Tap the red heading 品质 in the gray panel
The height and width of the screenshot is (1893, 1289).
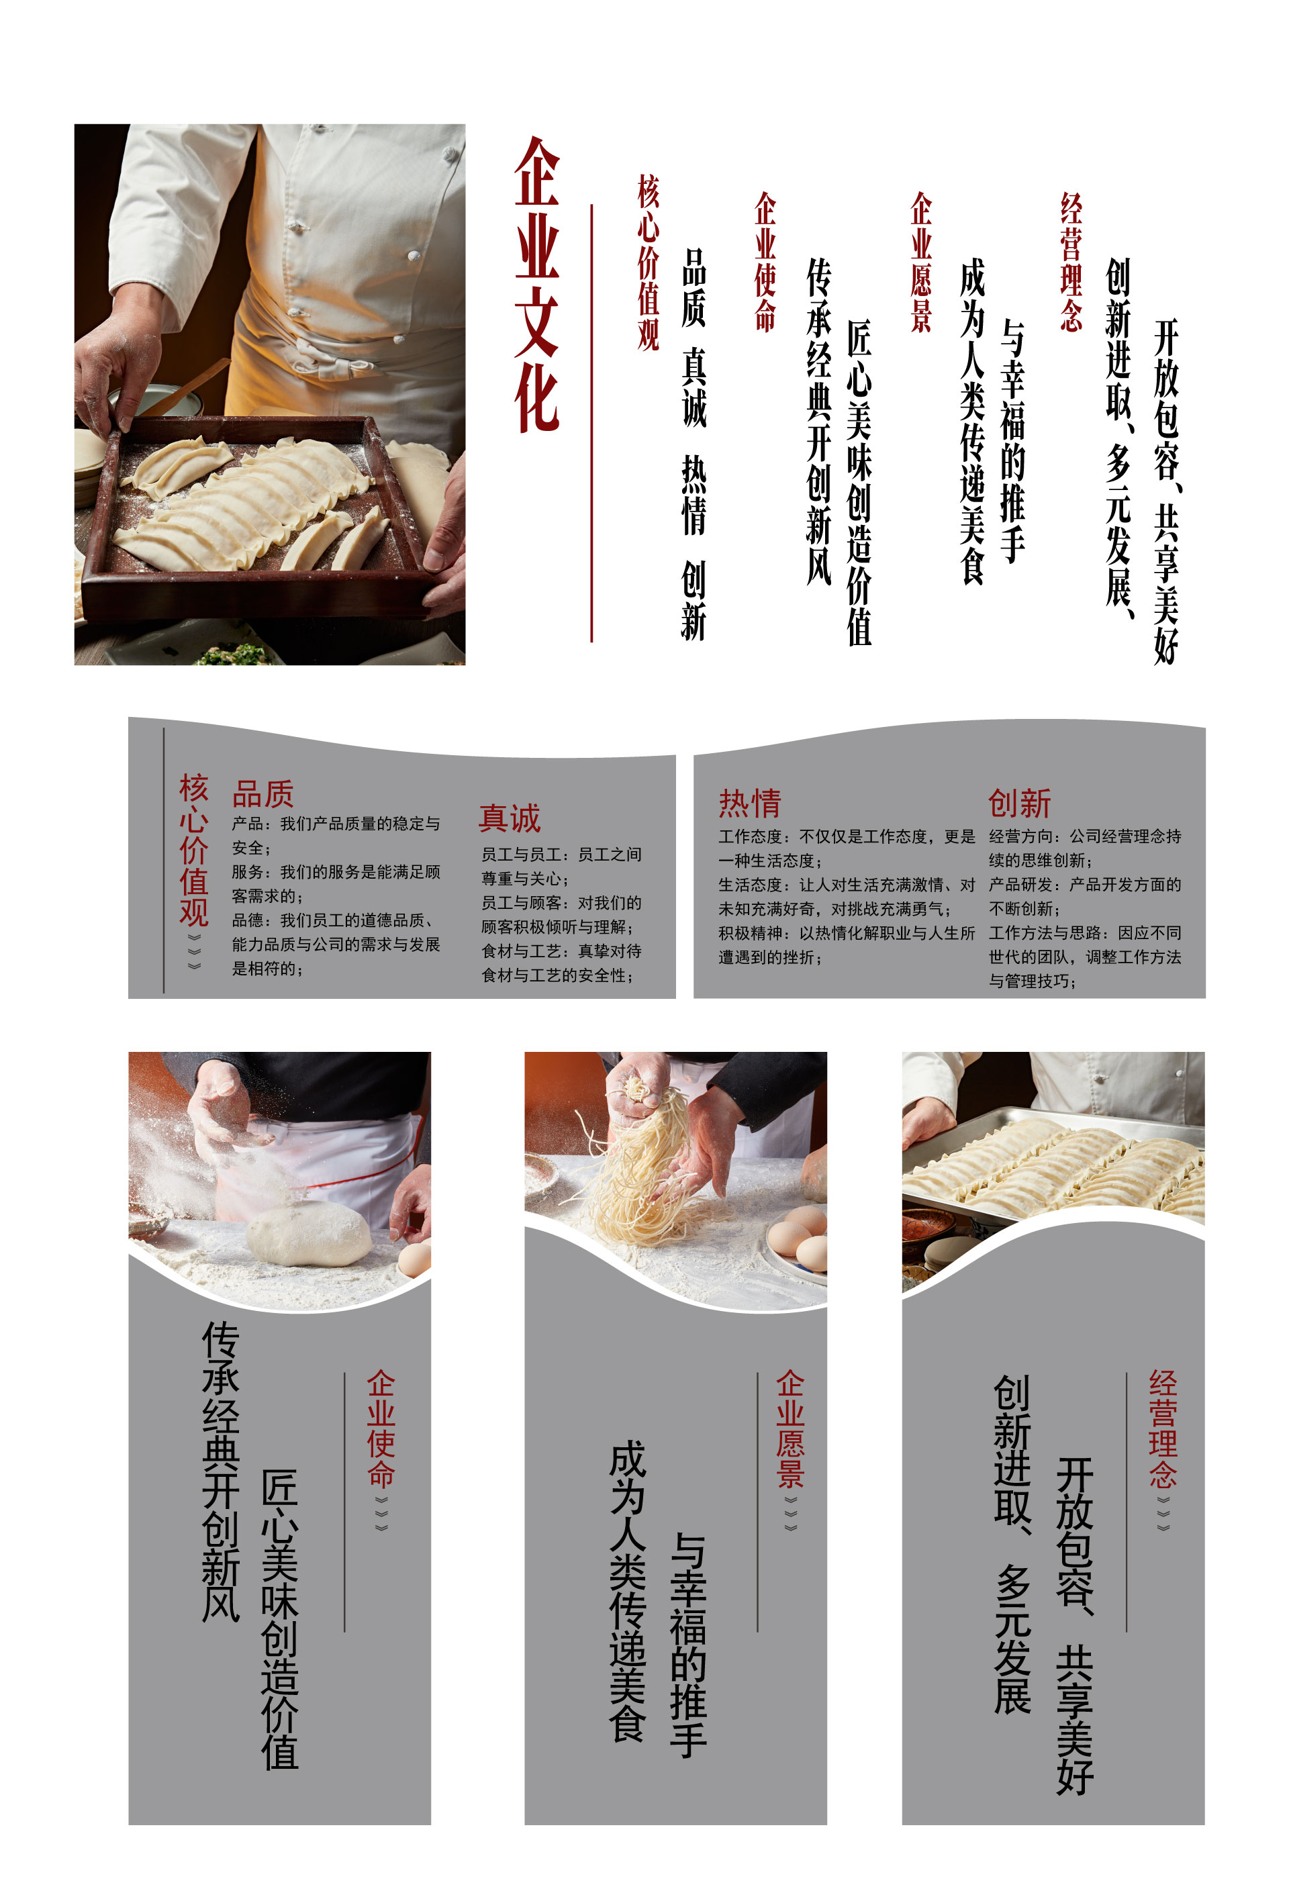point(262,793)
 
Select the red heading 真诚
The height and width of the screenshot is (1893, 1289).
point(510,818)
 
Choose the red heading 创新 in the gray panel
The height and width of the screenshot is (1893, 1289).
point(1019,803)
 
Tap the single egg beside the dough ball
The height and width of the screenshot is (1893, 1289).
point(415,1259)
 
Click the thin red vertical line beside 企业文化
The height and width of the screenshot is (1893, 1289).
point(591,423)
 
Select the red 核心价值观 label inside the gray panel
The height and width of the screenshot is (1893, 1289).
point(194,850)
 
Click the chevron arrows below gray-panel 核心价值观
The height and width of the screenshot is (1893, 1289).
point(194,951)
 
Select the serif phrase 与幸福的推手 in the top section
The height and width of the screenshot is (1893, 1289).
point(1012,440)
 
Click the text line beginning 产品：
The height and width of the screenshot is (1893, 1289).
point(336,824)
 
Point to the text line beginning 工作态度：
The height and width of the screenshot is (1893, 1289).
point(847,836)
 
